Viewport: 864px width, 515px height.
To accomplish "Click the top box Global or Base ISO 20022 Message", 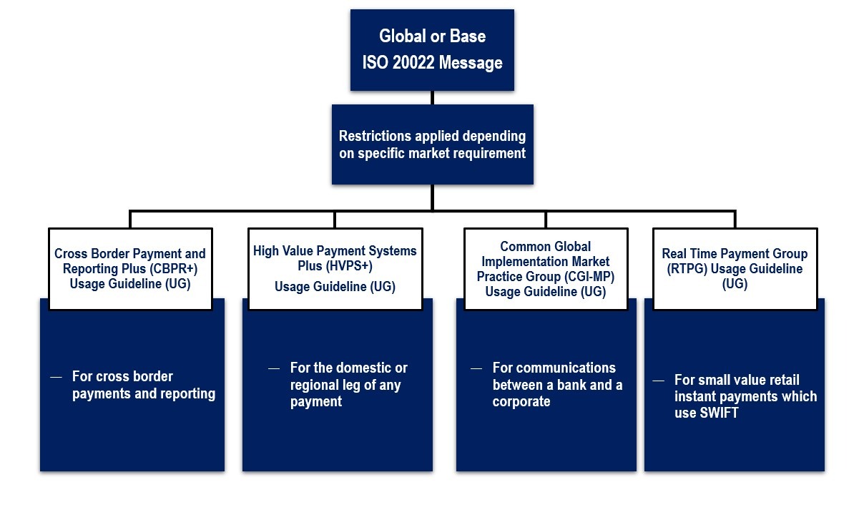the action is (432, 50).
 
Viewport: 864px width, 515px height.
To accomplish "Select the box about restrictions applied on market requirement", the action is (433, 144).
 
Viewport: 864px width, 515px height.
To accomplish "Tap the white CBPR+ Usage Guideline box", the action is (130, 269).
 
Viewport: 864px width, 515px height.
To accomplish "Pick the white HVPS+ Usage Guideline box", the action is (335, 269).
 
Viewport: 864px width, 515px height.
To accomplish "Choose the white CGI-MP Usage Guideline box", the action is (546, 269).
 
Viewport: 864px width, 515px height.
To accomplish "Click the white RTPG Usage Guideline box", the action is (735, 269).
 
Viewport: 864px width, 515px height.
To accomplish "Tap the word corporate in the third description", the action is (521, 401).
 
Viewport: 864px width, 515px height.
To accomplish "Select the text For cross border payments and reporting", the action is (144, 385).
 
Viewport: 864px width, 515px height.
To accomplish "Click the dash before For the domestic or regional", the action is (274, 369).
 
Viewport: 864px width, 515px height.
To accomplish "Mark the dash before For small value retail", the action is (658, 381).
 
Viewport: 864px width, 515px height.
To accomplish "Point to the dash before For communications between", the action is (476, 369).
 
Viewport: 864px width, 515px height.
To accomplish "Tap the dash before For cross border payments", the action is (56, 377).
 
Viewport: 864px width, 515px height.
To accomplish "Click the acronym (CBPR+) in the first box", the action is (174, 268).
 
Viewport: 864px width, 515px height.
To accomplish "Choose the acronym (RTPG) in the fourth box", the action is (687, 268).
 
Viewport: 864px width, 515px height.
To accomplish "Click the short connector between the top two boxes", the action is (433, 97).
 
